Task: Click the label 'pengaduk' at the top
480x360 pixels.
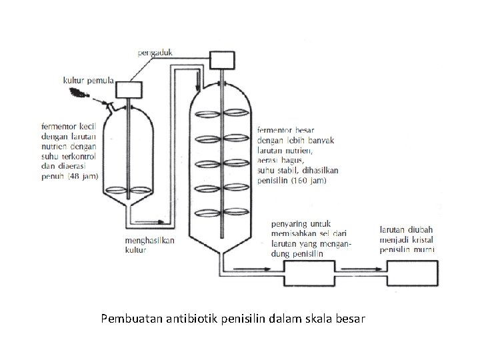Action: pos(157,50)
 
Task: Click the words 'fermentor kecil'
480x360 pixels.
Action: pos(69,125)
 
